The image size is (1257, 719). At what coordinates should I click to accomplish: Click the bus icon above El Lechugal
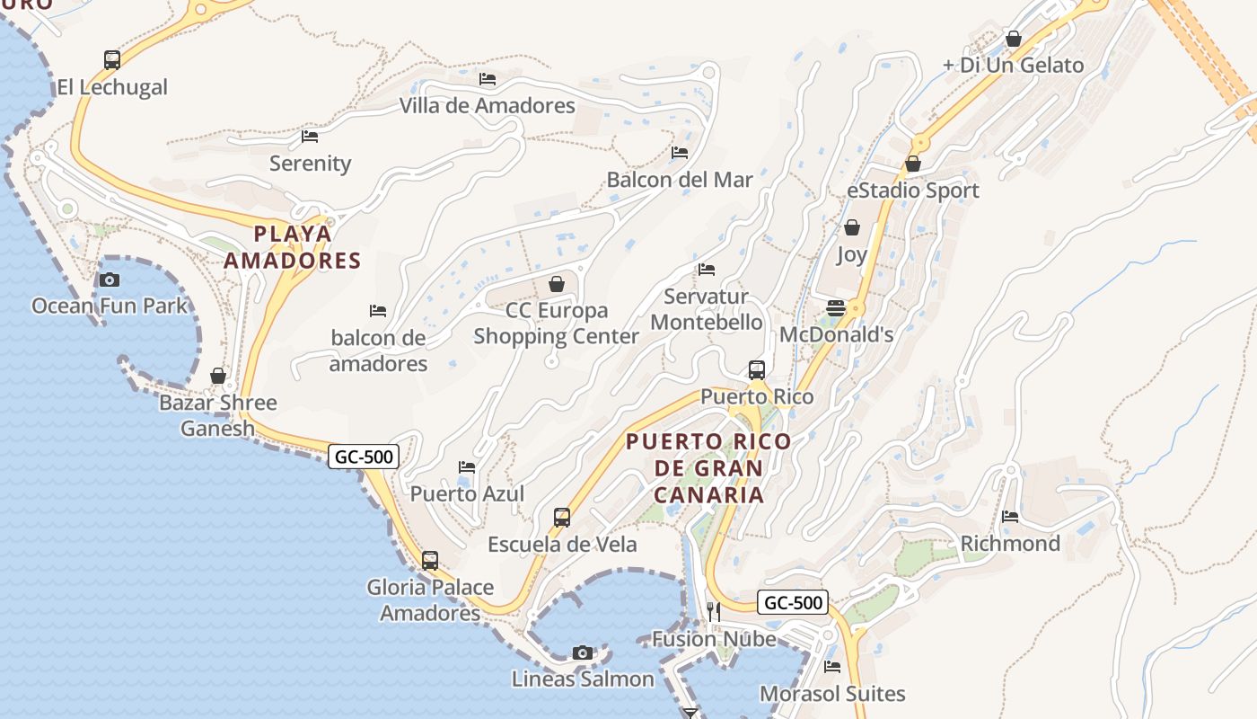pyautogui.click(x=112, y=60)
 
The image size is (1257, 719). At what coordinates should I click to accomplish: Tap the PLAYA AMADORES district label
pyautogui.click(x=292, y=247)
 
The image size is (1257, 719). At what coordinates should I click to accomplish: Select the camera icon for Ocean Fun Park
pyautogui.click(x=110, y=280)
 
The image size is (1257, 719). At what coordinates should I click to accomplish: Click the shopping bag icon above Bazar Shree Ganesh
pyautogui.click(x=218, y=376)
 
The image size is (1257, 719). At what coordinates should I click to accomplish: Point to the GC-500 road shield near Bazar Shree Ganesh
pyautogui.click(x=364, y=457)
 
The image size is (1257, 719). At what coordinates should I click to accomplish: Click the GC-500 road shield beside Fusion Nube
pyautogui.click(x=792, y=602)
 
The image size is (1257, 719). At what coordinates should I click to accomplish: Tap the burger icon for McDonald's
pyautogui.click(x=836, y=308)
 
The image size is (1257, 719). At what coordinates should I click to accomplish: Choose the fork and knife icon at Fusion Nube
pyautogui.click(x=714, y=612)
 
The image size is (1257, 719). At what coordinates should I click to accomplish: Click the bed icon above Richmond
pyautogui.click(x=1010, y=517)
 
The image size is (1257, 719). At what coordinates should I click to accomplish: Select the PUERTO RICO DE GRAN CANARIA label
pyautogui.click(x=709, y=468)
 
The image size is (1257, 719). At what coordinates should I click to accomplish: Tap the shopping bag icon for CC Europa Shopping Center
pyautogui.click(x=557, y=285)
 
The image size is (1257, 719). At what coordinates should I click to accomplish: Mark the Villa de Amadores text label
pyautogui.click(x=487, y=105)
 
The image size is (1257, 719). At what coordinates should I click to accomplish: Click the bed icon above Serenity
pyautogui.click(x=310, y=137)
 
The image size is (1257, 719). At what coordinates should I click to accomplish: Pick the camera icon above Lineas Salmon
pyautogui.click(x=583, y=652)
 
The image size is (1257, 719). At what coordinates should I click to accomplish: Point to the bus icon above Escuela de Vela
pyautogui.click(x=562, y=518)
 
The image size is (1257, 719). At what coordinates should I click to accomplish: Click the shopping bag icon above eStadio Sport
pyautogui.click(x=913, y=164)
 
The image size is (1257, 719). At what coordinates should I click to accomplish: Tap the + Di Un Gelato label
pyautogui.click(x=1013, y=65)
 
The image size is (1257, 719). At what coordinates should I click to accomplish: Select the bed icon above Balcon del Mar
pyautogui.click(x=680, y=153)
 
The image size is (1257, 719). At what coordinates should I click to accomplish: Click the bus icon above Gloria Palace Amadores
pyautogui.click(x=430, y=561)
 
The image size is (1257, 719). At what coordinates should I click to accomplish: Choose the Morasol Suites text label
pyautogui.click(x=832, y=694)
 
